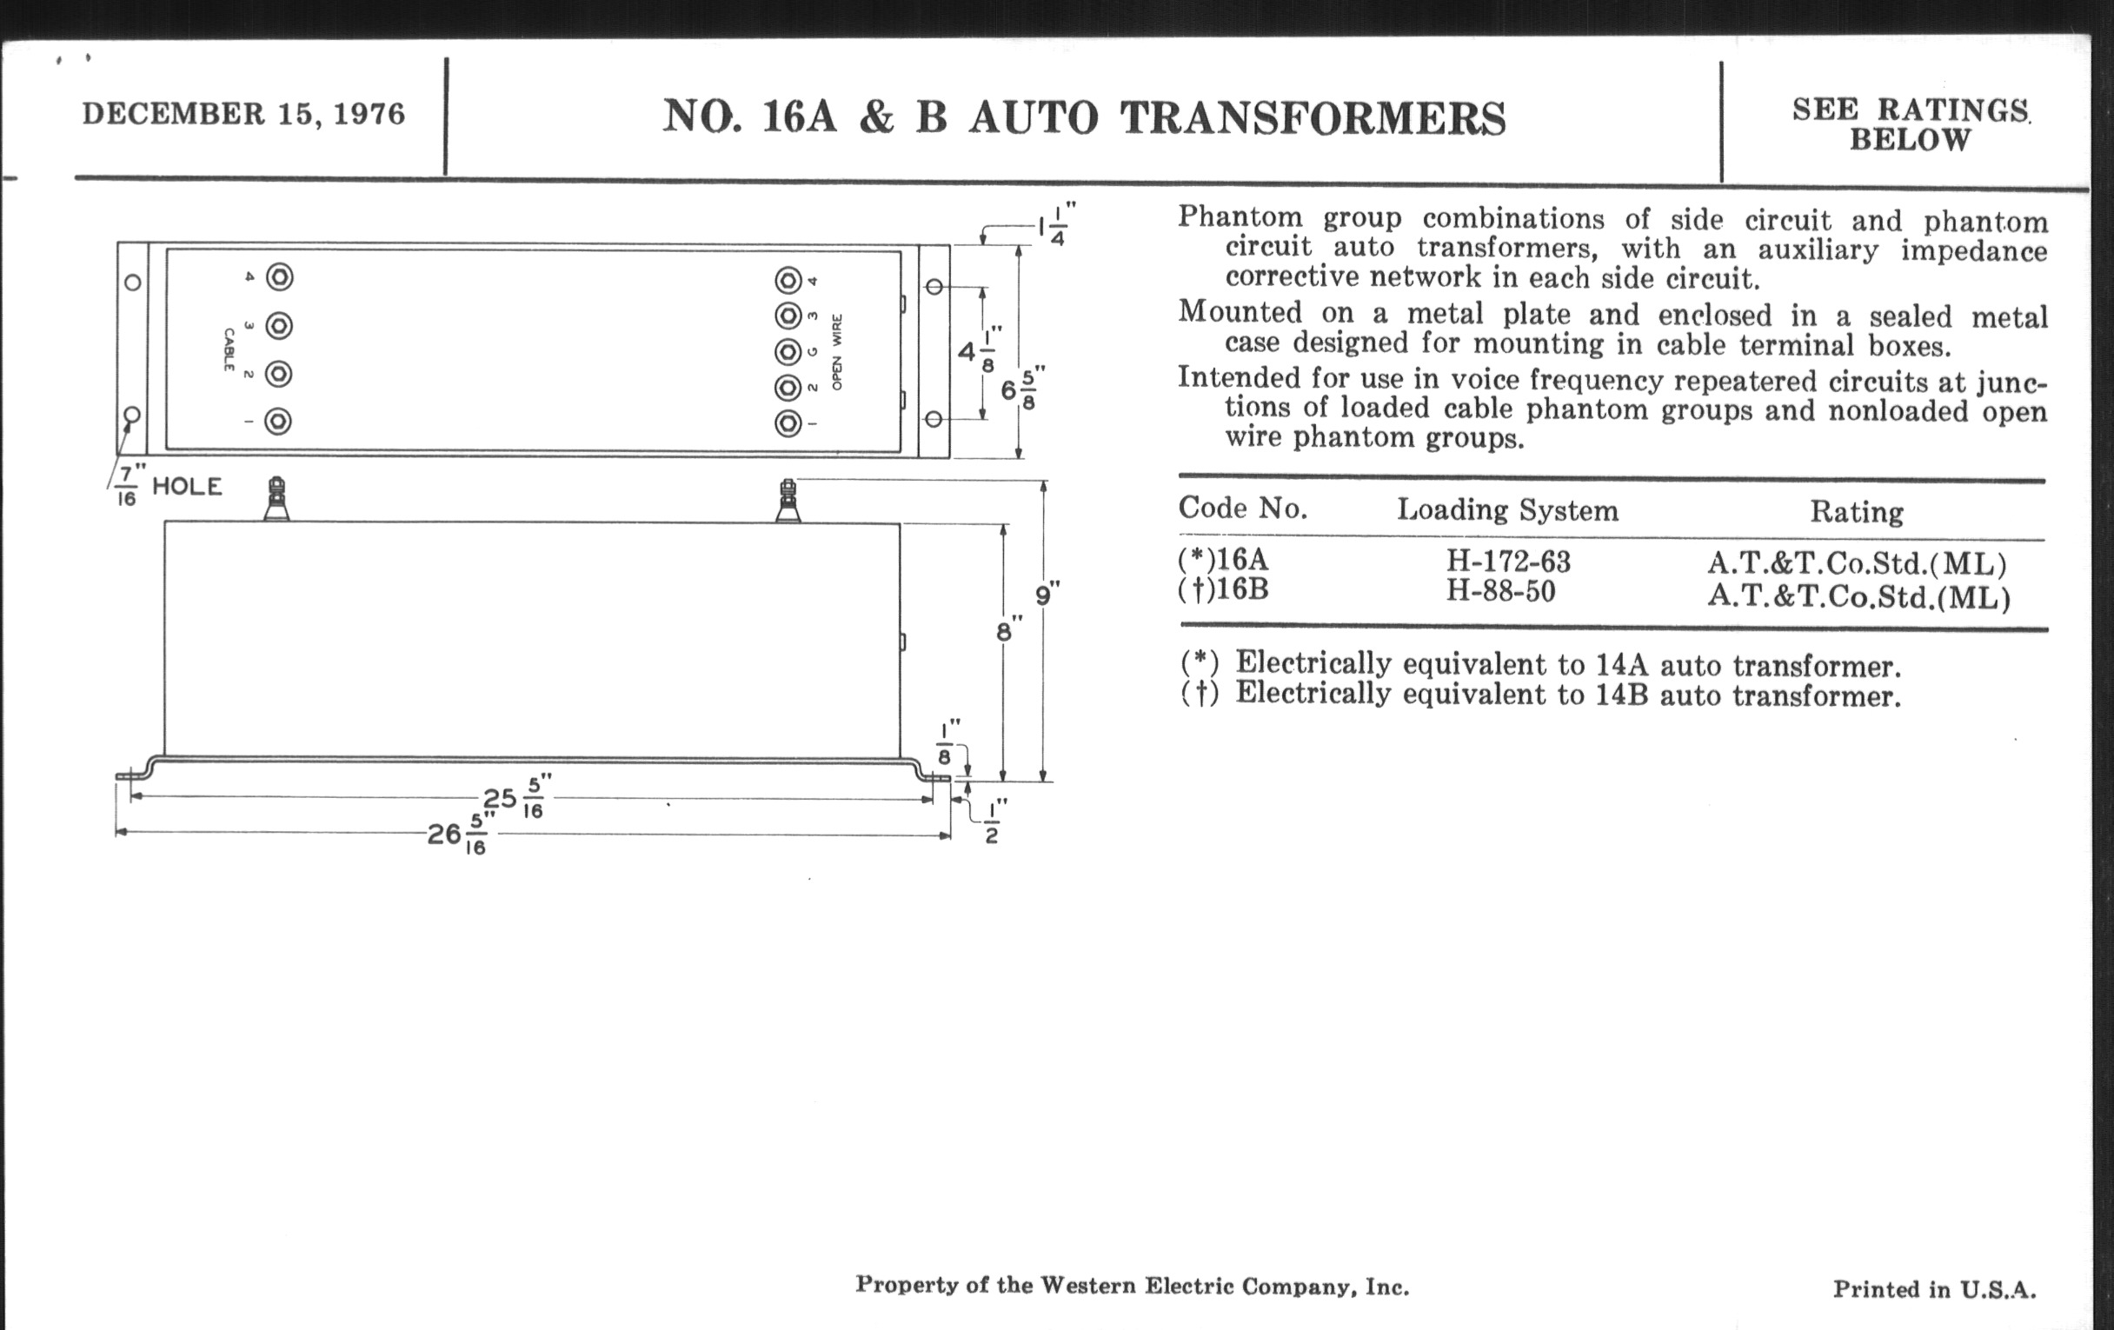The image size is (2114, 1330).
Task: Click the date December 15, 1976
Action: tap(243, 114)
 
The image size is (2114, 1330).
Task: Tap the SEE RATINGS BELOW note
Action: tap(1910, 124)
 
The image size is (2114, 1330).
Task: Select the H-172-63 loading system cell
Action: tap(1508, 561)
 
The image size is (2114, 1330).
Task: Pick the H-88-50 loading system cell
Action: tap(1500, 592)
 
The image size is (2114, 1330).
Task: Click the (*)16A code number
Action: tap(1223, 559)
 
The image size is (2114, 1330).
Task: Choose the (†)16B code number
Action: tap(1223, 589)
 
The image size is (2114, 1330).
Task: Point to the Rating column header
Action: tap(1856, 512)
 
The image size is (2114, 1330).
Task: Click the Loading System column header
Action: tap(1506, 510)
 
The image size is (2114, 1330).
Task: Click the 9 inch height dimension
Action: tap(1045, 595)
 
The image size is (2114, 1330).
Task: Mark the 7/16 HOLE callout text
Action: tap(170, 486)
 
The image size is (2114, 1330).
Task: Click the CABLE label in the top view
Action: tap(229, 349)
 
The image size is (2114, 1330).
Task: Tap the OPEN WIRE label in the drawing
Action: tap(836, 352)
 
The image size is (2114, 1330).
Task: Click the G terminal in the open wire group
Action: tap(788, 352)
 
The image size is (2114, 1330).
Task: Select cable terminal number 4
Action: tap(278, 277)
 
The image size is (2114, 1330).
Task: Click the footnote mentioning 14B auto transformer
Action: tap(1539, 695)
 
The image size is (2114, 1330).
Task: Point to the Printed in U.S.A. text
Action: tap(1933, 1289)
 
